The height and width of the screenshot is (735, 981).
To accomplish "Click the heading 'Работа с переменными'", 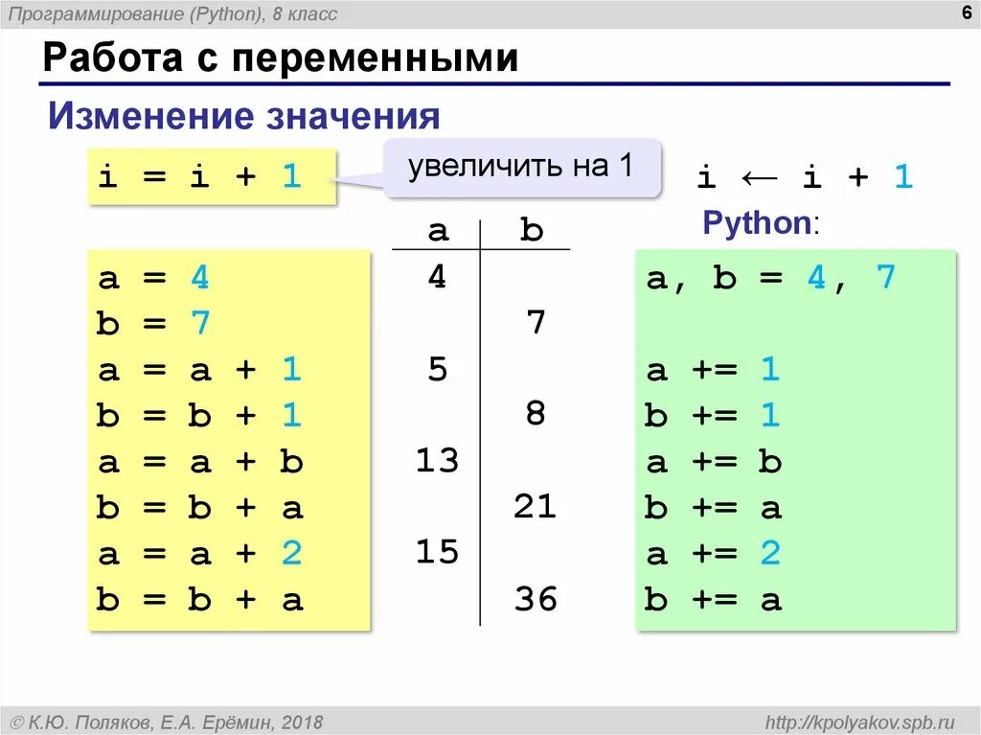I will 281,58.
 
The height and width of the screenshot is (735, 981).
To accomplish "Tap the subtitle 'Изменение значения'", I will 244,117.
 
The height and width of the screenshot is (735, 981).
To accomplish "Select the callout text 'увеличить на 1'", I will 520,166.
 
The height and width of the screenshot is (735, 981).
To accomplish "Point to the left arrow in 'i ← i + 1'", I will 759,176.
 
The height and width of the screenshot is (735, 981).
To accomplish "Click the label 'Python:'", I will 761,223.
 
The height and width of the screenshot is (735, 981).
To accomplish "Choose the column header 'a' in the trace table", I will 438,230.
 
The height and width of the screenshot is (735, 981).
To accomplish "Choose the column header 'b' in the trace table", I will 532,230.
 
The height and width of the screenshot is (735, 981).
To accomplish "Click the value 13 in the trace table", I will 437,461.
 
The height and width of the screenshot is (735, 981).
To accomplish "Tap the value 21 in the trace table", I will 535,506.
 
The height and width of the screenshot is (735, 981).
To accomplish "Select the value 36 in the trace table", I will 535,599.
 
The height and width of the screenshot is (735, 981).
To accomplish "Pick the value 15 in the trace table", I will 437,552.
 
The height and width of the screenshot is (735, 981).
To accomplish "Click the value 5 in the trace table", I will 438,369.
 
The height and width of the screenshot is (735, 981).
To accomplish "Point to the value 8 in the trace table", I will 536,414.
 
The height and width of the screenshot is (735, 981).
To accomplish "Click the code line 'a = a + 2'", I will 198,554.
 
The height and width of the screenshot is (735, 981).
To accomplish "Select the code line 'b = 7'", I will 152,324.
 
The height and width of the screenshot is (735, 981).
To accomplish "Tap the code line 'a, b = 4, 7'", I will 770,278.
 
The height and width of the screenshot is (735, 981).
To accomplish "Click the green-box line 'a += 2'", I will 714,554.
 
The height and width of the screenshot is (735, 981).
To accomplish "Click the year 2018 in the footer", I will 303,722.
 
